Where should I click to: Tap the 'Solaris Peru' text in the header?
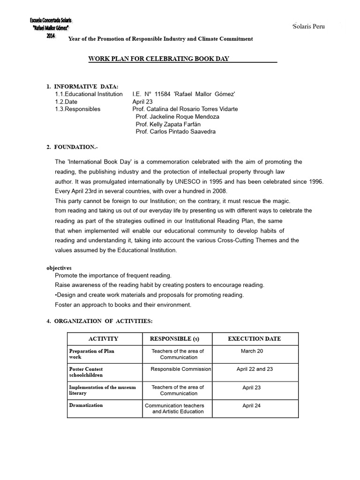pyautogui.click(x=308, y=26)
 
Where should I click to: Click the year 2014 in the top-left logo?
pyautogui.click(x=51, y=37)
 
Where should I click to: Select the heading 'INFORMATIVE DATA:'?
pyautogui.click(x=86, y=86)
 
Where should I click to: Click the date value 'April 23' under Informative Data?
pyautogui.click(x=143, y=101)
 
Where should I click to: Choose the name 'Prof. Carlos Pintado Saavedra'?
pyautogui.click(x=176, y=132)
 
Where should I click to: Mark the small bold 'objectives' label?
pyautogui.click(x=59, y=267)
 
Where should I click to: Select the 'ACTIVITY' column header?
pyautogui.click(x=103, y=338)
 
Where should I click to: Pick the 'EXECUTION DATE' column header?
pyautogui.click(x=254, y=338)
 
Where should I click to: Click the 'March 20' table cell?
pyautogui.click(x=248, y=351)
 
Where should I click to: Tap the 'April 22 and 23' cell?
pyautogui.click(x=255, y=369)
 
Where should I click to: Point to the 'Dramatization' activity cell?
pyautogui.click(x=86, y=405)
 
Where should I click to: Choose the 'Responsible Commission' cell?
pyautogui.click(x=180, y=369)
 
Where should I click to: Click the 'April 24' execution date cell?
pyautogui.click(x=251, y=405)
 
